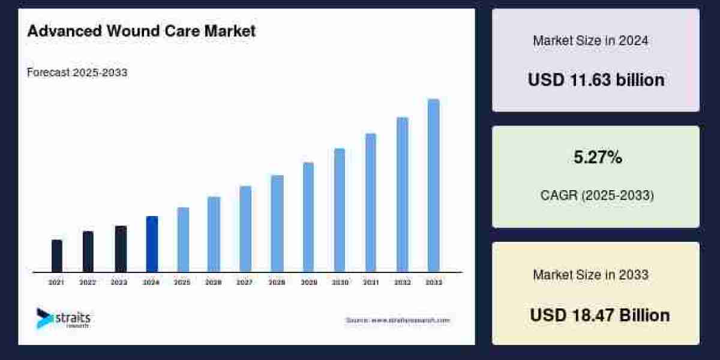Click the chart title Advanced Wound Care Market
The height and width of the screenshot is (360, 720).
point(141,32)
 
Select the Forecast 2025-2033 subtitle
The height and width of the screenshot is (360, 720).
point(77,73)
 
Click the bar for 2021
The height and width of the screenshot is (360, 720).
point(57,256)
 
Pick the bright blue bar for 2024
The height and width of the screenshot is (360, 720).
point(152,244)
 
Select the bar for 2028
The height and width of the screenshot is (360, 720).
point(277,223)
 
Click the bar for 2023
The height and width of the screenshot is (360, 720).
point(121,248)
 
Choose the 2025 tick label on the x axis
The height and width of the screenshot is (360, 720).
point(182,282)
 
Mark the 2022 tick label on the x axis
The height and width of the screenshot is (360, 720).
point(88,282)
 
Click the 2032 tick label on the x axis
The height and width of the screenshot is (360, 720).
point(402,282)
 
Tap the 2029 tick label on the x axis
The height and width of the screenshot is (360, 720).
point(308,282)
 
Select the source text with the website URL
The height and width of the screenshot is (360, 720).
point(397,320)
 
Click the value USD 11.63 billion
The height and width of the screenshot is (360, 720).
point(596,80)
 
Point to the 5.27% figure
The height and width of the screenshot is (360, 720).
point(596,158)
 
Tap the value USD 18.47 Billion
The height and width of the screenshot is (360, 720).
point(599,315)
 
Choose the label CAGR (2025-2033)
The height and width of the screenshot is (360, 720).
point(596,196)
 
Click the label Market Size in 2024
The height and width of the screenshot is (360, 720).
point(590,41)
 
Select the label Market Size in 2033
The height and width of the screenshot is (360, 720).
point(590,275)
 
